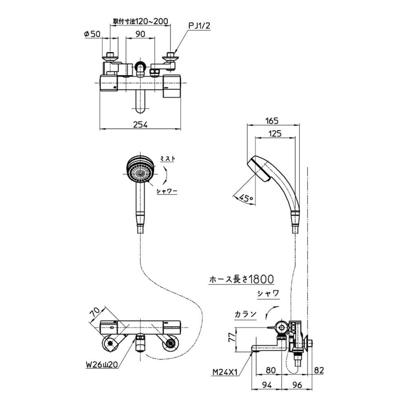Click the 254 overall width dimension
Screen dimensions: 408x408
[x=140, y=124]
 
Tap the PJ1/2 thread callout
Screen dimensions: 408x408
[x=199, y=26]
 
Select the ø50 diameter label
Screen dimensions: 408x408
[x=92, y=34]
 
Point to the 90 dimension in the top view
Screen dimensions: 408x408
[x=140, y=34]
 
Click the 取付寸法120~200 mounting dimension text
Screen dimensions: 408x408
[x=140, y=21]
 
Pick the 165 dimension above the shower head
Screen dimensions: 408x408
[x=272, y=121]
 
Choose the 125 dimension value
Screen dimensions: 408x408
[x=275, y=133]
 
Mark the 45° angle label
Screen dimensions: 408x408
[x=246, y=199]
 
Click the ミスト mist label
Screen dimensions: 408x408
[x=168, y=158]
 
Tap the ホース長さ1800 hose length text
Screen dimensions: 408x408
[x=242, y=279]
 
